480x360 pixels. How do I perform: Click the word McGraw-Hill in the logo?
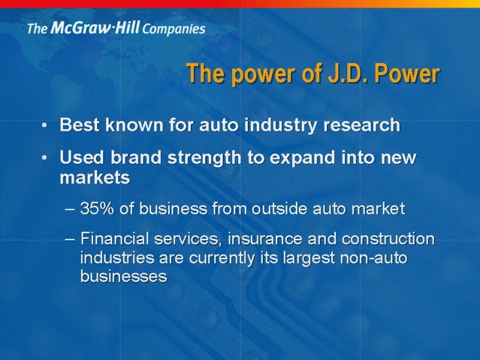coord(95,28)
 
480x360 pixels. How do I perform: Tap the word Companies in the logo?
coord(173,29)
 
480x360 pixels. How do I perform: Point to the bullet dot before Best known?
coord(44,125)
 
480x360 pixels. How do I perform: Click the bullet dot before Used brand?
coord(44,158)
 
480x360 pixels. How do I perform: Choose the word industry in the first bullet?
coord(281,125)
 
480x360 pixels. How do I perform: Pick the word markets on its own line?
coord(95,178)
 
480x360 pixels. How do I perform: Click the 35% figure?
coord(97,208)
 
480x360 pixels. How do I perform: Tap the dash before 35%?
coord(70,209)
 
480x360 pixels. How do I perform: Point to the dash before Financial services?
coord(70,239)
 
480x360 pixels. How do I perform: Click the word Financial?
coord(115,238)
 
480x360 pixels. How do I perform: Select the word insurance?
coord(265,238)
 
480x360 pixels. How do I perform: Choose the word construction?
coord(388,239)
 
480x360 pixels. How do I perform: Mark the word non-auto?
coord(373,258)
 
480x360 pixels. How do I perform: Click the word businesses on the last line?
coord(124,276)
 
